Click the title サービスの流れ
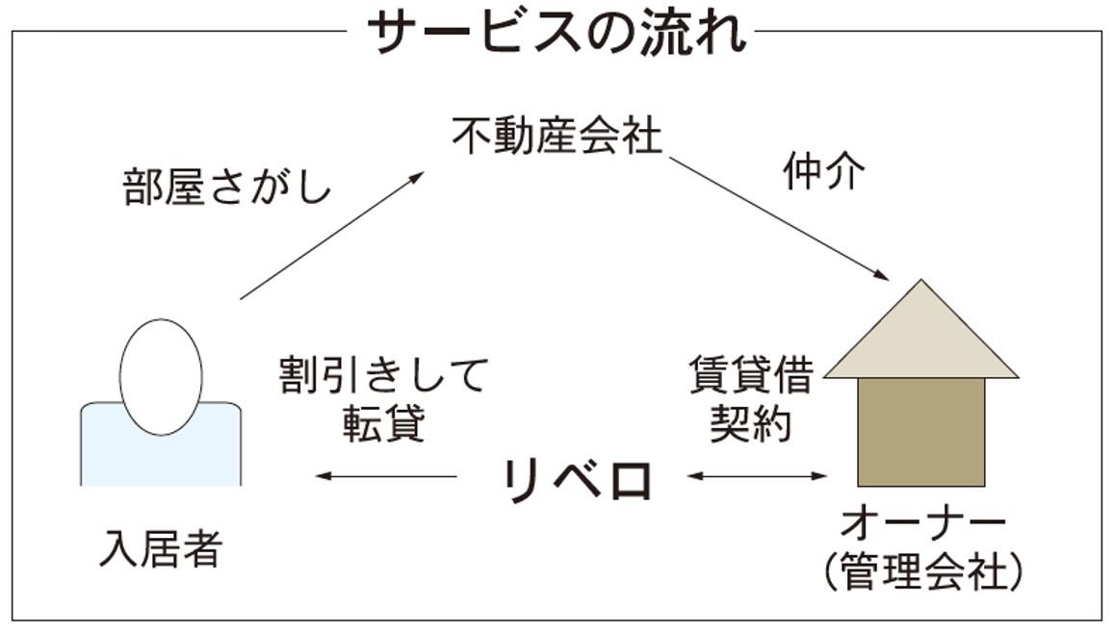pos(557,34)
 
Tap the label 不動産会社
pos(557,137)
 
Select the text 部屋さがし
pos(227,188)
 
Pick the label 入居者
pos(161,549)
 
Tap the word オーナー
pos(922,525)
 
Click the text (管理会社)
pos(922,574)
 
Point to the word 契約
pos(751,422)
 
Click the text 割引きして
pos(383,376)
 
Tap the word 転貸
pos(383,422)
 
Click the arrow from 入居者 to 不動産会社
pos(332,236)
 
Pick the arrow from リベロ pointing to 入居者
pos(386,476)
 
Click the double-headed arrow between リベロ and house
pos(757,476)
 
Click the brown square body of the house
pos(921,432)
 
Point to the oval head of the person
pos(161,376)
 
